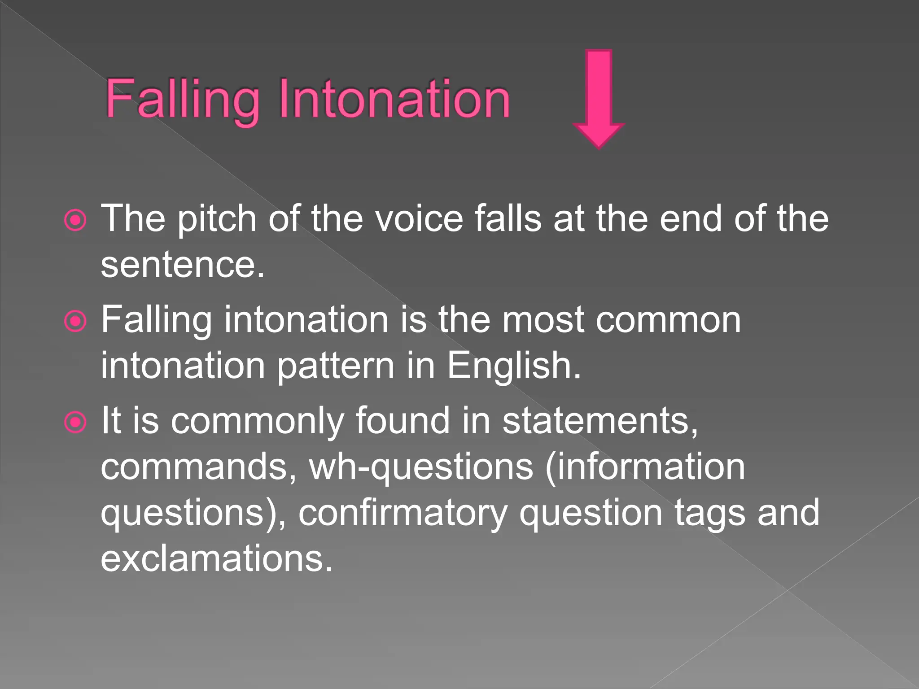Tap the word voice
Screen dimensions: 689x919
pyautogui.click(x=419, y=219)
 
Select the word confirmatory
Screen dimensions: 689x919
pyautogui.click(x=403, y=514)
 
